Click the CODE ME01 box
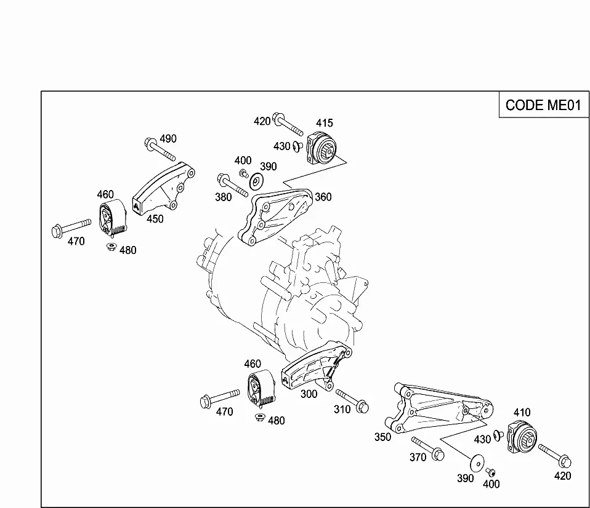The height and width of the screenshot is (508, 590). tap(544, 105)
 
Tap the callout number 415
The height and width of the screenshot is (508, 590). tap(325, 123)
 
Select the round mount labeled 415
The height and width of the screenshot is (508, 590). tap(322, 148)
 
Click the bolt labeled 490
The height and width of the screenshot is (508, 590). tap(160, 149)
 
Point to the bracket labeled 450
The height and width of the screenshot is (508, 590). tap(163, 189)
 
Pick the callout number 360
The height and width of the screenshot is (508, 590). tap(323, 197)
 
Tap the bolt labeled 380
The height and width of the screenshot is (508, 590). tap(233, 185)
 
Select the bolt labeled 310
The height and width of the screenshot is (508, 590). tap(352, 401)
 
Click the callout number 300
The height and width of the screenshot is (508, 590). tap(309, 394)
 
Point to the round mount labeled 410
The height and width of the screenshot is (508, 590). tap(522, 438)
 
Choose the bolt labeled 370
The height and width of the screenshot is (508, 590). tap(428, 448)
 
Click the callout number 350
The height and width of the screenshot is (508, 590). tap(382, 437)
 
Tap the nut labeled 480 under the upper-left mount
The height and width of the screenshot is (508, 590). tap(111, 247)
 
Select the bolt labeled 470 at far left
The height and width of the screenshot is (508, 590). tap(71, 228)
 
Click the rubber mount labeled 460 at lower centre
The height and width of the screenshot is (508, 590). tap(261, 388)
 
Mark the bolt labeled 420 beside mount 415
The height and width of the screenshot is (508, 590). tap(288, 124)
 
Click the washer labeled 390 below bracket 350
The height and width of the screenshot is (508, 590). tap(477, 462)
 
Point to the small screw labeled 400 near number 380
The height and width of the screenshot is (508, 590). tap(243, 173)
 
